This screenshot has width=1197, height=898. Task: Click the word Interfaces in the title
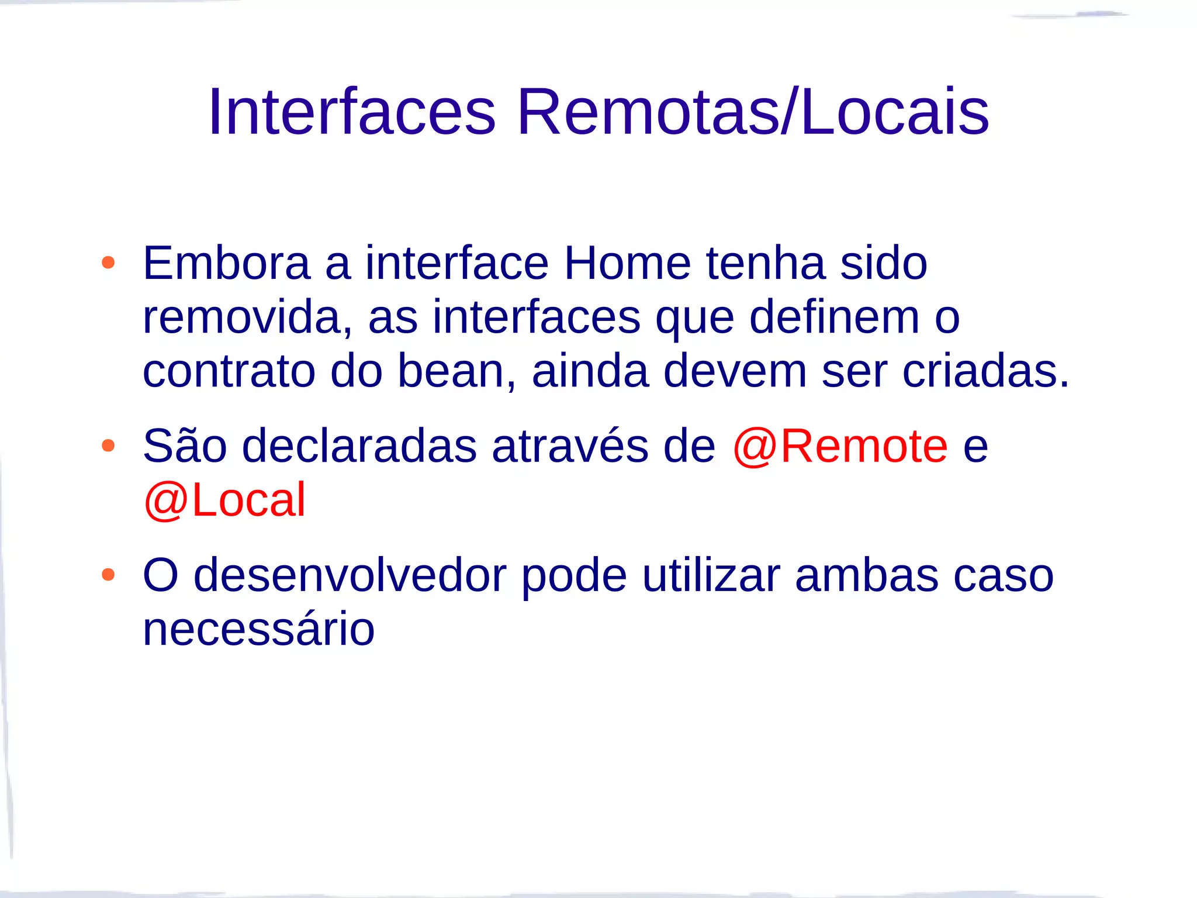pos(352,112)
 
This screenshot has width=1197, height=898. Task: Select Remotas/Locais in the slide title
pos(753,112)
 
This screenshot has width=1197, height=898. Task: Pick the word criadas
pos(985,371)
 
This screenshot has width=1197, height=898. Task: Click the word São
pos(185,446)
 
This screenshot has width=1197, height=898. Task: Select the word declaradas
pos(359,446)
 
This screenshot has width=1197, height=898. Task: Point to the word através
pos(570,446)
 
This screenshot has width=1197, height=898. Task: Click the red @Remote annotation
pos(840,446)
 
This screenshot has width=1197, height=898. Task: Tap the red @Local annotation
pos(224,500)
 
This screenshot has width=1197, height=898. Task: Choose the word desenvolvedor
pos(350,576)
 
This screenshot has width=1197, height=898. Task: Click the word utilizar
pos(711,576)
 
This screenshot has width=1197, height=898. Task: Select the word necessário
pos(258,630)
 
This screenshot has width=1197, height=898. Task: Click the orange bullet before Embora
pos(108,263)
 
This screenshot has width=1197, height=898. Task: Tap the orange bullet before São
pos(108,446)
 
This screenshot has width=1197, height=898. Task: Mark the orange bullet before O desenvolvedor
pos(108,575)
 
